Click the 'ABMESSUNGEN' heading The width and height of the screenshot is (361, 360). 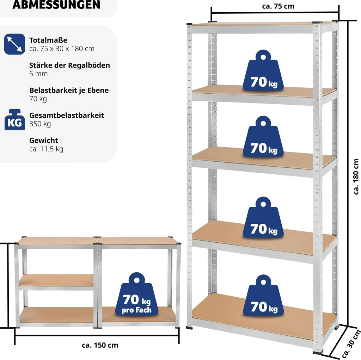[x=56, y=5]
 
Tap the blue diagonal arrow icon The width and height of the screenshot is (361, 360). [x=14, y=44]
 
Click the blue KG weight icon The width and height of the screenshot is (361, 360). [x=14, y=119]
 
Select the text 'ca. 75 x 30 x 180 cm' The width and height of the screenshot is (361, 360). [x=62, y=49]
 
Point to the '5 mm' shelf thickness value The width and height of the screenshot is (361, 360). [x=38, y=74]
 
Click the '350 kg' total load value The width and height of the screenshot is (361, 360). [x=40, y=124]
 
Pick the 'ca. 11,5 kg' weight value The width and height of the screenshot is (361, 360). [x=46, y=149]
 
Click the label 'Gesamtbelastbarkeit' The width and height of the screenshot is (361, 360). [x=67, y=115]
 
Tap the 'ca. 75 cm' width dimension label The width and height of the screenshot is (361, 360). [x=278, y=6]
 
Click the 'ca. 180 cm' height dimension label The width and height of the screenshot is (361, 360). [x=356, y=177]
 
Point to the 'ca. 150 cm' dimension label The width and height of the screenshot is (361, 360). [x=100, y=345]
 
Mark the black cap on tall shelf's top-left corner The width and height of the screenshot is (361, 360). [x=189, y=24]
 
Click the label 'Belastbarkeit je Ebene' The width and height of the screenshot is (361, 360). [x=69, y=90]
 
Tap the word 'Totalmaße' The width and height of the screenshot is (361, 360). [x=48, y=40]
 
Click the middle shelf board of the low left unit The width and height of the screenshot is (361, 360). [x=56, y=280]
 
